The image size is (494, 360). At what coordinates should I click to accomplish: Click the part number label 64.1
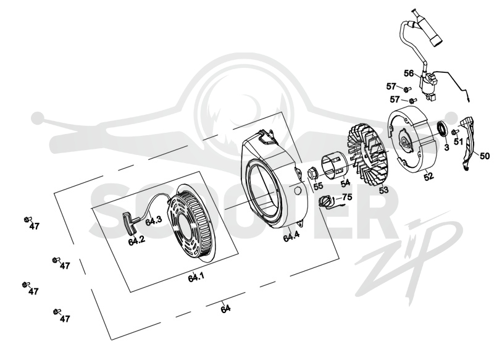click(196, 277)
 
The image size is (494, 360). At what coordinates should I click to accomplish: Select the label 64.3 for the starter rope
click(154, 220)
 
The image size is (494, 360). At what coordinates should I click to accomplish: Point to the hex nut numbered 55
click(312, 174)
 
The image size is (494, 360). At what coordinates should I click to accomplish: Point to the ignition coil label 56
click(409, 73)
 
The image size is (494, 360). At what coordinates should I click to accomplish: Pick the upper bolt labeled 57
click(407, 90)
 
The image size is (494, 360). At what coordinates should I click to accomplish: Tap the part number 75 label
click(347, 197)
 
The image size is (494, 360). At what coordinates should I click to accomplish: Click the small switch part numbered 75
click(325, 201)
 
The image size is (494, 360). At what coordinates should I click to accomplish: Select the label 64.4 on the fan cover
click(291, 237)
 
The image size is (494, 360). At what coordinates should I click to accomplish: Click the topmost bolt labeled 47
click(27, 219)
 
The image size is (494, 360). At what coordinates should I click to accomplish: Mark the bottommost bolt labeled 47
click(57, 311)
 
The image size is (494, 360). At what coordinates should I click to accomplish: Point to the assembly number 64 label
click(225, 309)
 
